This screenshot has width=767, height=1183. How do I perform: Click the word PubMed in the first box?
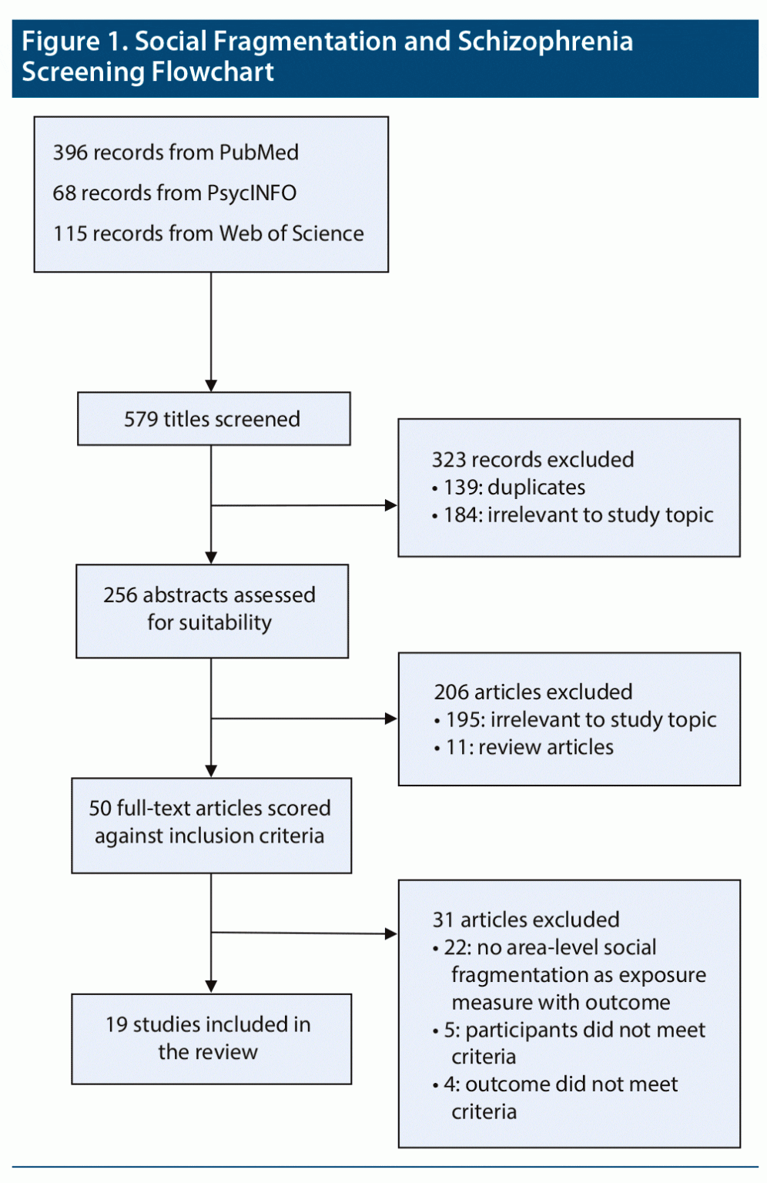pos(259,152)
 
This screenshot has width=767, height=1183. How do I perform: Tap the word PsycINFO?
pos(252,193)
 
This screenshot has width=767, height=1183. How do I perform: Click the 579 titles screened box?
pos(213,419)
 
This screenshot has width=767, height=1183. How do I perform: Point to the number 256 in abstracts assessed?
pos(120,595)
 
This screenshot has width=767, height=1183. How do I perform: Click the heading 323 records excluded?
pos(532,460)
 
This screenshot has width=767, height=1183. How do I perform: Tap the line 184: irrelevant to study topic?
pos(578,514)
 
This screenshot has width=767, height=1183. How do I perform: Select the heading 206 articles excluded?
pos(533,692)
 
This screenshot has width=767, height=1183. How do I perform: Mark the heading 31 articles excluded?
pos(526,920)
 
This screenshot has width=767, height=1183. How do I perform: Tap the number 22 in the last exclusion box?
pos(454,947)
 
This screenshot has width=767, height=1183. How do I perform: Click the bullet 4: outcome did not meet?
pos(560,1084)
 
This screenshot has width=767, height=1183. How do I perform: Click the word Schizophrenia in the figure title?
pos(545,42)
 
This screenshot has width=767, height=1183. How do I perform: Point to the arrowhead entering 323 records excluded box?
pos(392,505)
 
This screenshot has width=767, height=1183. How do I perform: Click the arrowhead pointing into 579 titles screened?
pos(211,386)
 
